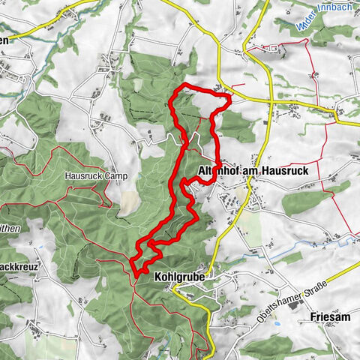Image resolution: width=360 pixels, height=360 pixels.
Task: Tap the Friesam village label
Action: coord(329,317)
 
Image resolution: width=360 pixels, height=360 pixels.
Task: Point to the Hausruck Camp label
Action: coord(97,176)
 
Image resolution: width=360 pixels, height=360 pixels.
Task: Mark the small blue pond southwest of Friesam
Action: coord(277,325)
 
